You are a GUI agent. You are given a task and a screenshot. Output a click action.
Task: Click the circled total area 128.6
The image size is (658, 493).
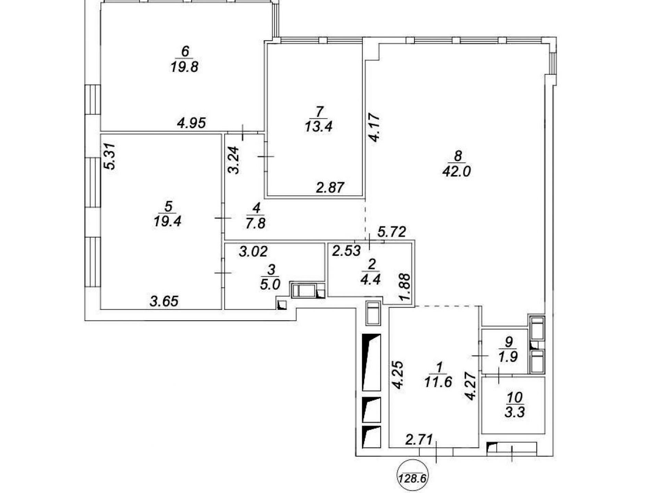(x=413, y=478)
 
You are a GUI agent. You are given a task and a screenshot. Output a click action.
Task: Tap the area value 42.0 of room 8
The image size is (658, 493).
(x=457, y=171)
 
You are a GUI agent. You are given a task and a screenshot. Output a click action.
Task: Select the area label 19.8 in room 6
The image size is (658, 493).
(x=184, y=67)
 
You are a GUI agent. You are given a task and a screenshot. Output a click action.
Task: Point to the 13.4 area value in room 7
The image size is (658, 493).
(x=319, y=127)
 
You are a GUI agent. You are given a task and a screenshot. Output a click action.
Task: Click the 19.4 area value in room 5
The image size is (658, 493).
(x=168, y=222)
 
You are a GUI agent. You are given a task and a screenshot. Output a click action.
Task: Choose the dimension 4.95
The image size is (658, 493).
(x=192, y=123)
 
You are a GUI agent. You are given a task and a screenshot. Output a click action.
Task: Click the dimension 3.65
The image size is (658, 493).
(x=164, y=301)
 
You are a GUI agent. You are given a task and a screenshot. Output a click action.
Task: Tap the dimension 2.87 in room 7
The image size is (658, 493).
(x=330, y=188)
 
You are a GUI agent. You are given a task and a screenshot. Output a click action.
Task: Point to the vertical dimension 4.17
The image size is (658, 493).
(x=374, y=128)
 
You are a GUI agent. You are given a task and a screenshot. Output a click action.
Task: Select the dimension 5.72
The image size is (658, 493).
(x=392, y=232)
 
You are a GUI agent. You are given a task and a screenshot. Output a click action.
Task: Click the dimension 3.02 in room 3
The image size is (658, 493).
(x=253, y=252)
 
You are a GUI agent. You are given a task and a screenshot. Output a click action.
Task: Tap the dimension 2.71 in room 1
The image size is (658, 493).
(x=419, y=440)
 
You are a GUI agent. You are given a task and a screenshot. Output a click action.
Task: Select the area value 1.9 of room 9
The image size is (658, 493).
(x=508, y=357)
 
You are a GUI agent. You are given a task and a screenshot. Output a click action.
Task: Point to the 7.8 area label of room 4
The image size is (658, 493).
(x=256, y=224)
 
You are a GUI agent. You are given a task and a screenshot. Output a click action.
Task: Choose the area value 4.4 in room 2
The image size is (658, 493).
(x=371, y=280)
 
